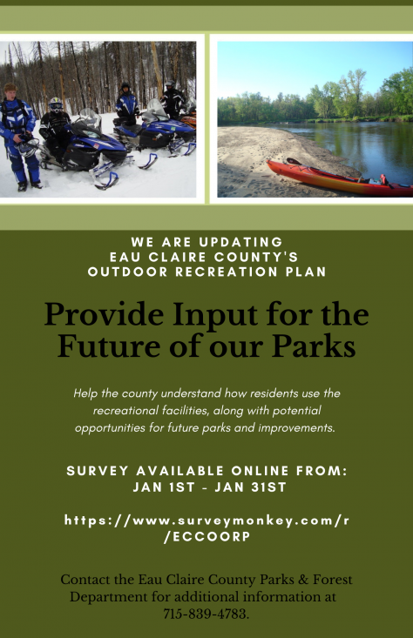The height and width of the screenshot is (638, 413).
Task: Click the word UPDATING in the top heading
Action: (240, 242)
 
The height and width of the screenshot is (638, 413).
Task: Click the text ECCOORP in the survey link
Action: (212, 537)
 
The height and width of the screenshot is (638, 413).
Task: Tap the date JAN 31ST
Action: (250, 487)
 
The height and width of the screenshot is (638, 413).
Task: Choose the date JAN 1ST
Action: (164, 487)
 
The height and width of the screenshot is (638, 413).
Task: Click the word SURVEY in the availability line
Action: (98, 471)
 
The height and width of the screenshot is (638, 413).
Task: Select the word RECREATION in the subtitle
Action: (227, 272)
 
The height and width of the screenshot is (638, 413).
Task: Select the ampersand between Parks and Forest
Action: (303, 580)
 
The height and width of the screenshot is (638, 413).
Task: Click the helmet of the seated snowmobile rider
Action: (56, 104)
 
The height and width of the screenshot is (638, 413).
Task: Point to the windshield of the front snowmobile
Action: (91, 118)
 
